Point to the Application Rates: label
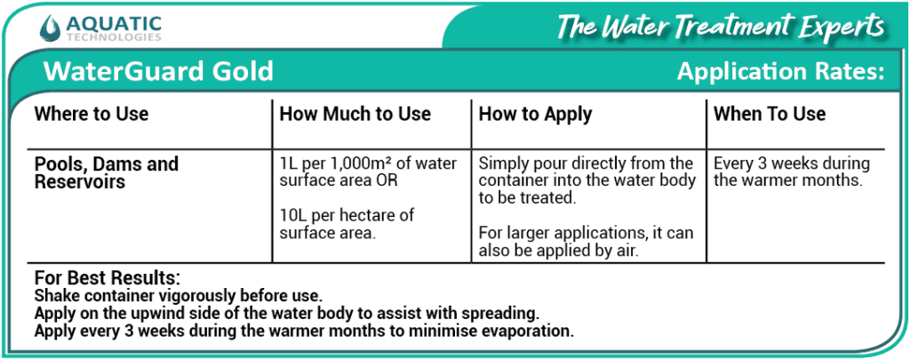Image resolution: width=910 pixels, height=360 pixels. pos(780,72)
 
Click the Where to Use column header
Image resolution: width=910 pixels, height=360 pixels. pos(91,114)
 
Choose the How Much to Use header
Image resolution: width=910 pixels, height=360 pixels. pos(355,114)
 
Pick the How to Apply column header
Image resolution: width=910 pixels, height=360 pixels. pos(535,114)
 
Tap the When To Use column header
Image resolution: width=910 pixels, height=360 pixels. pos(770,114)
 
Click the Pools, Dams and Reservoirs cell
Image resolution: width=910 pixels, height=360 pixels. pos(107,172)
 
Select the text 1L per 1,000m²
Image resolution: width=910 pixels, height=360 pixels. pos(339,164)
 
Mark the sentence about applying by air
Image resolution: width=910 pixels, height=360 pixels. pos(586,241)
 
